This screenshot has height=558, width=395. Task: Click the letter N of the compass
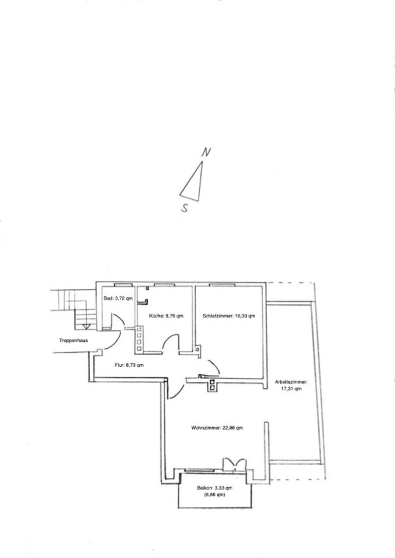[205, 152]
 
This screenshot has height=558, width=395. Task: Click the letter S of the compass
[185, 209]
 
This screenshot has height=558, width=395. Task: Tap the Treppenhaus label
[73, 340]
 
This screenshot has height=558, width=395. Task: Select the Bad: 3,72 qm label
[119, 298]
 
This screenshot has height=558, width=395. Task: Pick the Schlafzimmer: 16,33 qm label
[229, 316]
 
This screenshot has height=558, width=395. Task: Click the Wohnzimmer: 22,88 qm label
[217, 428]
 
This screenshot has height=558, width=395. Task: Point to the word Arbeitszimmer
[291, 382]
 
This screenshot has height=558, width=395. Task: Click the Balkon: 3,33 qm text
[214, 488]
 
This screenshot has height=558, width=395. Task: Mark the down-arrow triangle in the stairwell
[86, 327]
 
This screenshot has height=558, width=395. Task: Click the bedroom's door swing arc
[213, 366]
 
